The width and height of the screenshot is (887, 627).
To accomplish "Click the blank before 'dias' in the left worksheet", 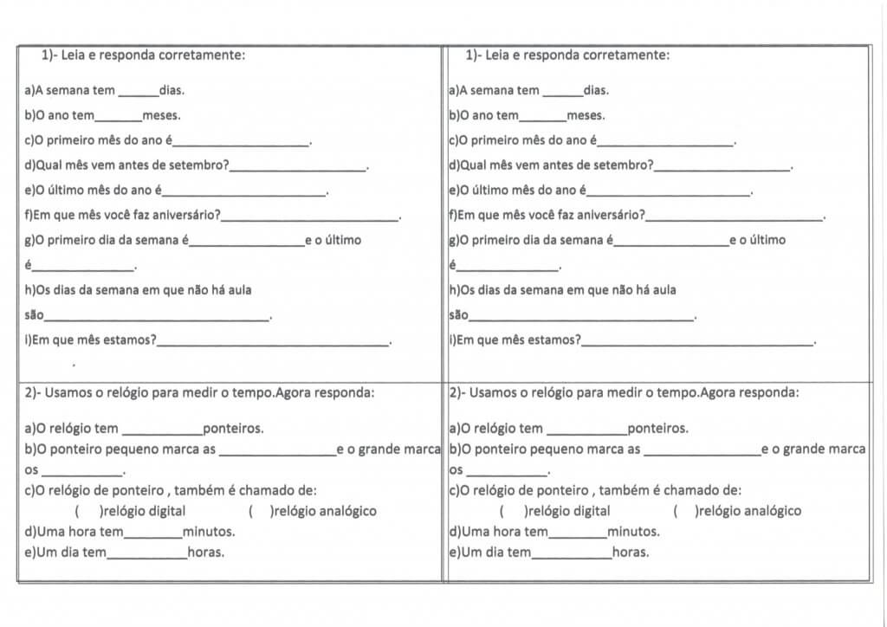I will point(139,92).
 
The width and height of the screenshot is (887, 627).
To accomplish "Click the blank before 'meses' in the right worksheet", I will point(542,117).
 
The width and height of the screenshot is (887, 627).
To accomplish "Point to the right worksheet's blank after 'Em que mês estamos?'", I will point(697,342).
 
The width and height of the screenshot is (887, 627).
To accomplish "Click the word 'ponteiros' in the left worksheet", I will point(233,429).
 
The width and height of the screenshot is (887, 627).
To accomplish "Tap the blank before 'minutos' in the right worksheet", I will point(578,533).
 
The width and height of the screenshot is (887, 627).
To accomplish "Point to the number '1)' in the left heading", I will point(49,55).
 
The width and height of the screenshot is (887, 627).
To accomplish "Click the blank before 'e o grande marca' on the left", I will point(277,451).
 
